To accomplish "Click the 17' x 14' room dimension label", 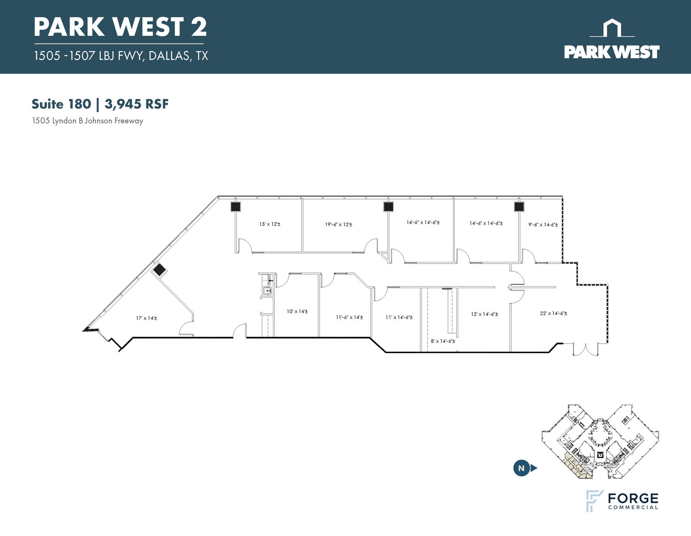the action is point(146,318).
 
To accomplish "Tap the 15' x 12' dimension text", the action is point(270,224).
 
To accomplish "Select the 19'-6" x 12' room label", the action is point(339,224).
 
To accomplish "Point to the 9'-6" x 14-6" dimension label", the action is point(543,224).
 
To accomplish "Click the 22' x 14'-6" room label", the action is point(554,313).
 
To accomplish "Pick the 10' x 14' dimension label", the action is point(297,312).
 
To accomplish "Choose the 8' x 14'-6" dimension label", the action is point(443,341).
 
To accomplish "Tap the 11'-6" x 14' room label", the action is point(350,317).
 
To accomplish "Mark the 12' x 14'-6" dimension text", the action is point(485,314).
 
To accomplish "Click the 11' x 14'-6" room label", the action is point(399,317).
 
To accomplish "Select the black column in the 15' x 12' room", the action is point(236,207).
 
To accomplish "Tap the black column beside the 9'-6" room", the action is point(519,207).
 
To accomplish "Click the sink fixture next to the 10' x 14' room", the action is point(267,290).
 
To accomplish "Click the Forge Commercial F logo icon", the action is point(595,501).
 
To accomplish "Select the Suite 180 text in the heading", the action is point(61,104).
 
